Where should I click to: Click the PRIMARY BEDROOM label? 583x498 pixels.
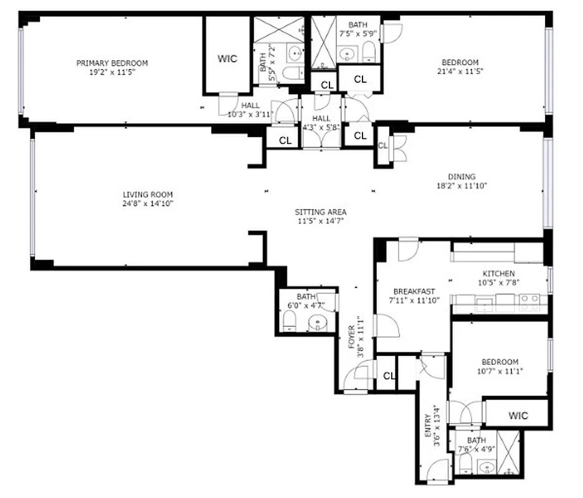pyautogui.click(x=112, y=63)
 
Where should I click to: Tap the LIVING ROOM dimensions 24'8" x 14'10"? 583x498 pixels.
pyautogui.click(x=148, y=204)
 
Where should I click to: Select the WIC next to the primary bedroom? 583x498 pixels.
pyautogui.click(x=227, y=59)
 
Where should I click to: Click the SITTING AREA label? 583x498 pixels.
pyautogui.click(x=320, y=212)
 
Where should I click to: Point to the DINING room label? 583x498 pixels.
pyautogui.click(x=461, y=177)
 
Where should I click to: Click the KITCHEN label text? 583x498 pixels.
pyautogui.click(x=499, y=274)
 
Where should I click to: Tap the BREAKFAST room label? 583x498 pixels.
pyautogui.click(x=414, y=291)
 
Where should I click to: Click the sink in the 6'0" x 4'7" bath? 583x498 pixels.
pyautogui.click(x=318, y=323)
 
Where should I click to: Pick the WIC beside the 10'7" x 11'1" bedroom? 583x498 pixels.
pyautogui.click(x=518, y=415)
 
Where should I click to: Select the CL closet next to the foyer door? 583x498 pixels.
pyautogui.click(x=389, y=376)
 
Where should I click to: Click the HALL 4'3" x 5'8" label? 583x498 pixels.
pyautogui.click(x=321, y=123)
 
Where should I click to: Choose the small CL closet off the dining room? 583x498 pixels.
pyautogui.click(x=382, y=146)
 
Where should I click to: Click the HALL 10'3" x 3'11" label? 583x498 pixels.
pyautogui.click(x=242, y=110)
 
